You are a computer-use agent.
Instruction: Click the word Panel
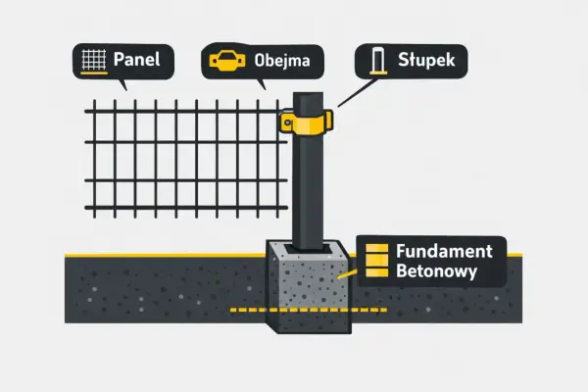click(136, 60)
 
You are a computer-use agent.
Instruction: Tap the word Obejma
click(282, 61)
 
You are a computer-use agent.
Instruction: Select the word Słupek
click(426, 60)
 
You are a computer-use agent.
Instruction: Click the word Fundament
click(444, 251)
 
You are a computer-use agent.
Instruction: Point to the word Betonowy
click(436, 270)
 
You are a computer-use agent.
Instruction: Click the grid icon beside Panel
click(94, 59)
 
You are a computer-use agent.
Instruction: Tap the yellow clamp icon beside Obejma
click(227, 61)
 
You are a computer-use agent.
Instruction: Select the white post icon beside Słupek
click(378, 61)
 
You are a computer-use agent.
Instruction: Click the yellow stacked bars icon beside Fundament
click(376, 260)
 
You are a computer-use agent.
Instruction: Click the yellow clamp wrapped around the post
click(307, 122)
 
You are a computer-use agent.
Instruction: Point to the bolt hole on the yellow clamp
click(287, 122)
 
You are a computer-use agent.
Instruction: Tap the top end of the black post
click(308, 94)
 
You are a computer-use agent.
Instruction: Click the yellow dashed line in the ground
click(309, 310)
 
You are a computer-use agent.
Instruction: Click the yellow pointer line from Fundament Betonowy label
click(347, 273)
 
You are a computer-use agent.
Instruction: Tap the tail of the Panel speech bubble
click(122, 85)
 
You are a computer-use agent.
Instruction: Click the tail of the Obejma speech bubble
click(262, 84)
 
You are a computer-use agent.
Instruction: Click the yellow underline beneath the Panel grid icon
click(94, 73)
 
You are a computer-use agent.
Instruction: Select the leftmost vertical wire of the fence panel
click(94, 159)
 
